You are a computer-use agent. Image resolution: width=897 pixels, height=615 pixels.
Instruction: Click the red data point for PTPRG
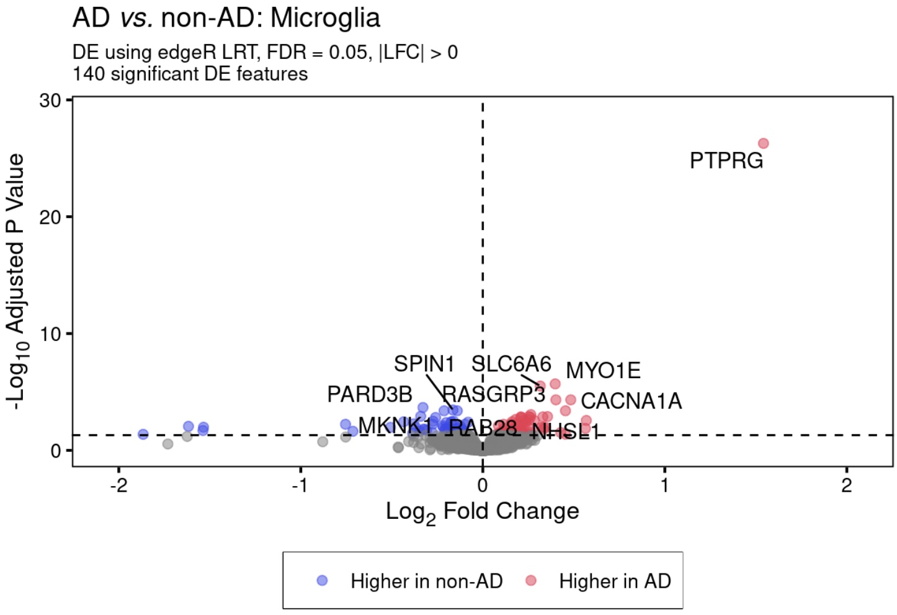click(x=763, y=143)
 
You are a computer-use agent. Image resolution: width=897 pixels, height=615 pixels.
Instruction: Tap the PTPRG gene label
click(x=726, y=161)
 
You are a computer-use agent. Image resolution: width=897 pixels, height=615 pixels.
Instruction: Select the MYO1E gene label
click(x=603, y=370)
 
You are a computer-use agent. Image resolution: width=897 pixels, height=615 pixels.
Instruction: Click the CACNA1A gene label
click(x=631, y=401)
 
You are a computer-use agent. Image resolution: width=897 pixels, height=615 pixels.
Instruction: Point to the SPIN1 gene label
click(x=424, y=364)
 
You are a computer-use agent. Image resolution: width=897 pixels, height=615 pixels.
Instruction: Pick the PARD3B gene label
click(x=370, y=394)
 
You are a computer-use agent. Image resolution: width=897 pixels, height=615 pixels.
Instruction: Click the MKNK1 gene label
click(x=395, y=425)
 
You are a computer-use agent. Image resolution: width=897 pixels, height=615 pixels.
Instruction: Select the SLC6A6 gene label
click(x=511, y=364)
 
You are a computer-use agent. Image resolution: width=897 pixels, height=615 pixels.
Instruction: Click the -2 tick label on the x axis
click(x=118, y=485)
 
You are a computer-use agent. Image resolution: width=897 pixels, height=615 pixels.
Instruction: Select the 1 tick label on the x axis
click(x=664, y=485)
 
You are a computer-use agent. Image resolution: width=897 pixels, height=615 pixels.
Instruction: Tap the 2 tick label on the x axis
click(x=846, y=485)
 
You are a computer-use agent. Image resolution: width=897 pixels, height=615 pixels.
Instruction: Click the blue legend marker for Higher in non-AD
click(x=322, y=580)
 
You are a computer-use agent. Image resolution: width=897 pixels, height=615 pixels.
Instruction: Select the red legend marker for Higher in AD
click(x=530, y=580)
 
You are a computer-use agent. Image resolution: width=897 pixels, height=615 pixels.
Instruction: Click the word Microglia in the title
click(x=325, y=18)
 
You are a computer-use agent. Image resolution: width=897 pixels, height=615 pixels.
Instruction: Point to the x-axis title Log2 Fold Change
click(x=482, y=511)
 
